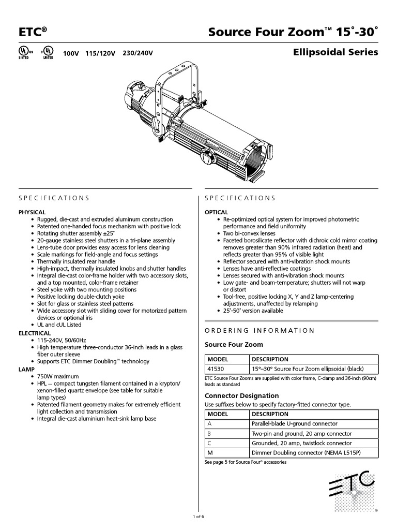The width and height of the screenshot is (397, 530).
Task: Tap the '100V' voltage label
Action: pyautogui.click(x=71, y=54)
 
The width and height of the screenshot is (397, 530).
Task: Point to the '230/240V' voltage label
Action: pyautogui.click(x=138, y=54)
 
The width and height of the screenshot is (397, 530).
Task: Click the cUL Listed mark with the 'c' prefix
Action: pyautogui.click(x=47, y=53)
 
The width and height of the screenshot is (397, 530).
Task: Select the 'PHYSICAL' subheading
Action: pyautogui.click(x=32, y=212)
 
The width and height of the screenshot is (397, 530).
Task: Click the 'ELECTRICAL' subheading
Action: pyautogui.click(x=35, y=333)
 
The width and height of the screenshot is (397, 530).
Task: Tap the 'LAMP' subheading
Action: pyautogui.click(x=26, y=370)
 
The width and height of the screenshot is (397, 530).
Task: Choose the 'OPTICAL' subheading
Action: pyautogui.click(x=217, y=212)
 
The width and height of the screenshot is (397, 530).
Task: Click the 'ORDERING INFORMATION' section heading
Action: pyautogui.click(x=259, y=330)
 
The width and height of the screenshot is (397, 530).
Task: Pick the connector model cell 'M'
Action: pyautogui.click(x=209, y=453)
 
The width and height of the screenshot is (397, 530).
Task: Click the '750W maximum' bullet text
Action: pyautogui.click(x=58, y=376)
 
